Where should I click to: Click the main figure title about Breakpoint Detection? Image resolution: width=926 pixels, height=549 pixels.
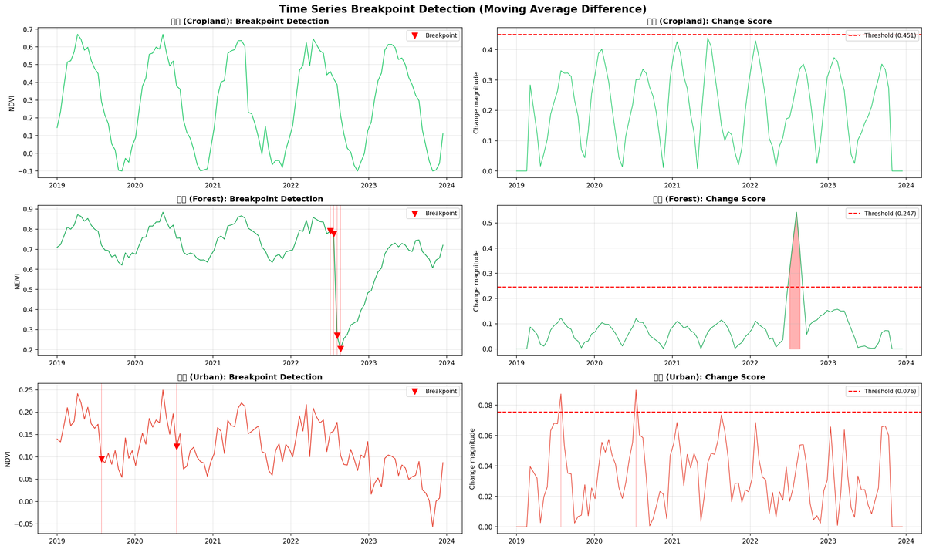pos(463,8)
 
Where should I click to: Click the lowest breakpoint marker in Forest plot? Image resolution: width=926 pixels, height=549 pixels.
pos(340,349)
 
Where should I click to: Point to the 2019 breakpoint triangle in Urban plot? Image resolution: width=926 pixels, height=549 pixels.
pos(101,460)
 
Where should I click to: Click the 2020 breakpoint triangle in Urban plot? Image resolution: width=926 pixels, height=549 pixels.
pos(177,446)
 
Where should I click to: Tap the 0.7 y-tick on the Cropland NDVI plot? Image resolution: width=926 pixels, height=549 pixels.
pos(27,29)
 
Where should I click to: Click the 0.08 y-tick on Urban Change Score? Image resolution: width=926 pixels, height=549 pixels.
pos(484,405)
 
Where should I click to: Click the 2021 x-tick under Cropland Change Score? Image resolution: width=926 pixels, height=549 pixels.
pos(672,186)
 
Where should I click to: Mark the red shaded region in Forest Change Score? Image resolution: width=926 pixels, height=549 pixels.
pos(795,308)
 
